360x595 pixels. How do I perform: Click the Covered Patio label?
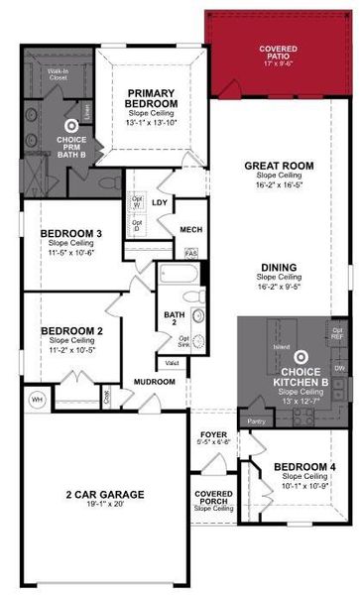(x=279, y=50)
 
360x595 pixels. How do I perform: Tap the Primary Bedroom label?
(x=152, y=99)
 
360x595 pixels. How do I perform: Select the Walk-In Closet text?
(x=58, y=73)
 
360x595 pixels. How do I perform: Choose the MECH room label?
(x=190, y=230)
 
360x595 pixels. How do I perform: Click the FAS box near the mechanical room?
(x=191, y=252)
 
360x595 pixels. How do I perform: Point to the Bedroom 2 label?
(x=65, y=303)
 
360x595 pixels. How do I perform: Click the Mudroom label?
(x=155, y=355)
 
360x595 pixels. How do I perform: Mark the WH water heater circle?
(x=37, y=372)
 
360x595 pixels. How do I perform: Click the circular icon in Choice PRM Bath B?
(x=70, y=126)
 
